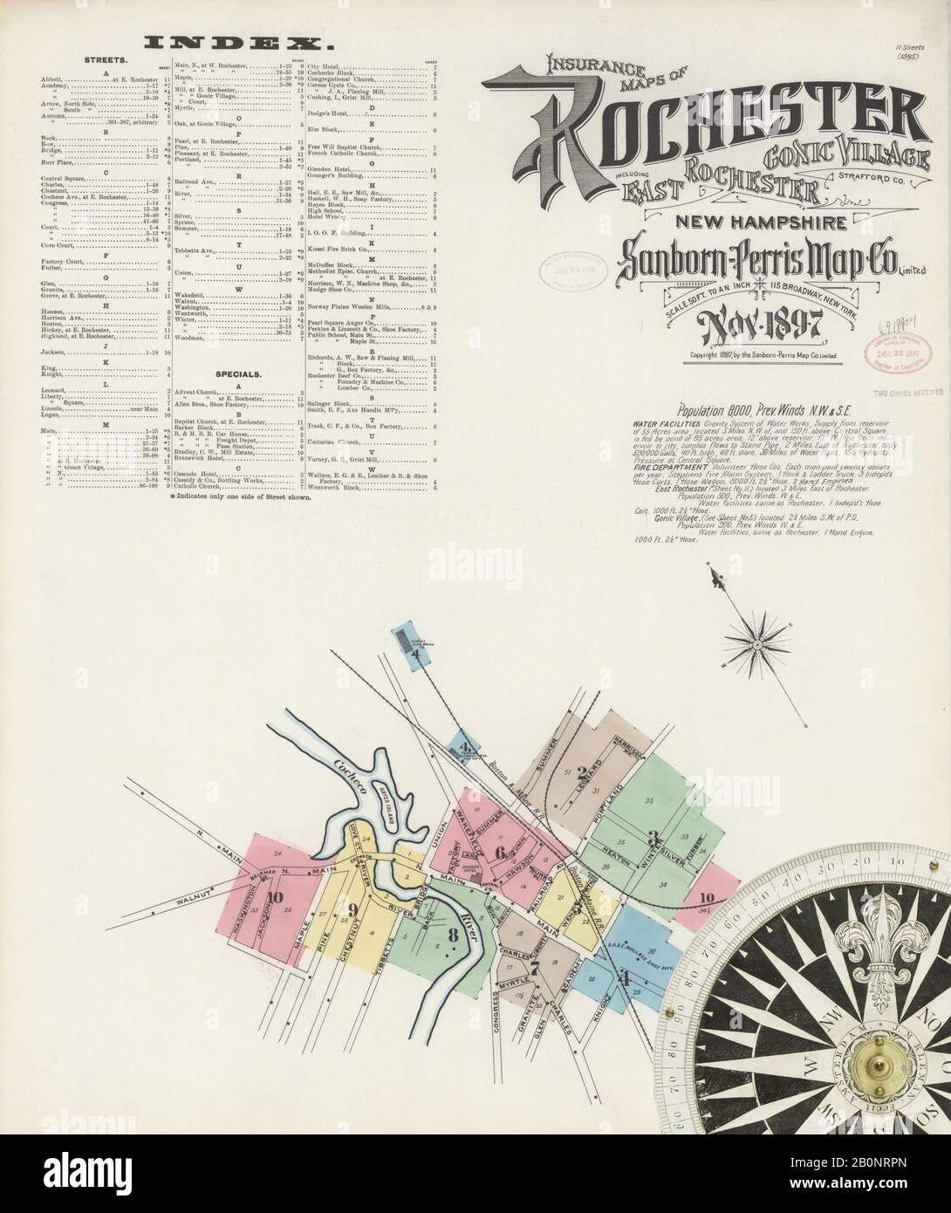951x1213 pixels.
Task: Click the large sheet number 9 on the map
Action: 352,911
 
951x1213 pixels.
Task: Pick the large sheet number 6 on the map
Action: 500,853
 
